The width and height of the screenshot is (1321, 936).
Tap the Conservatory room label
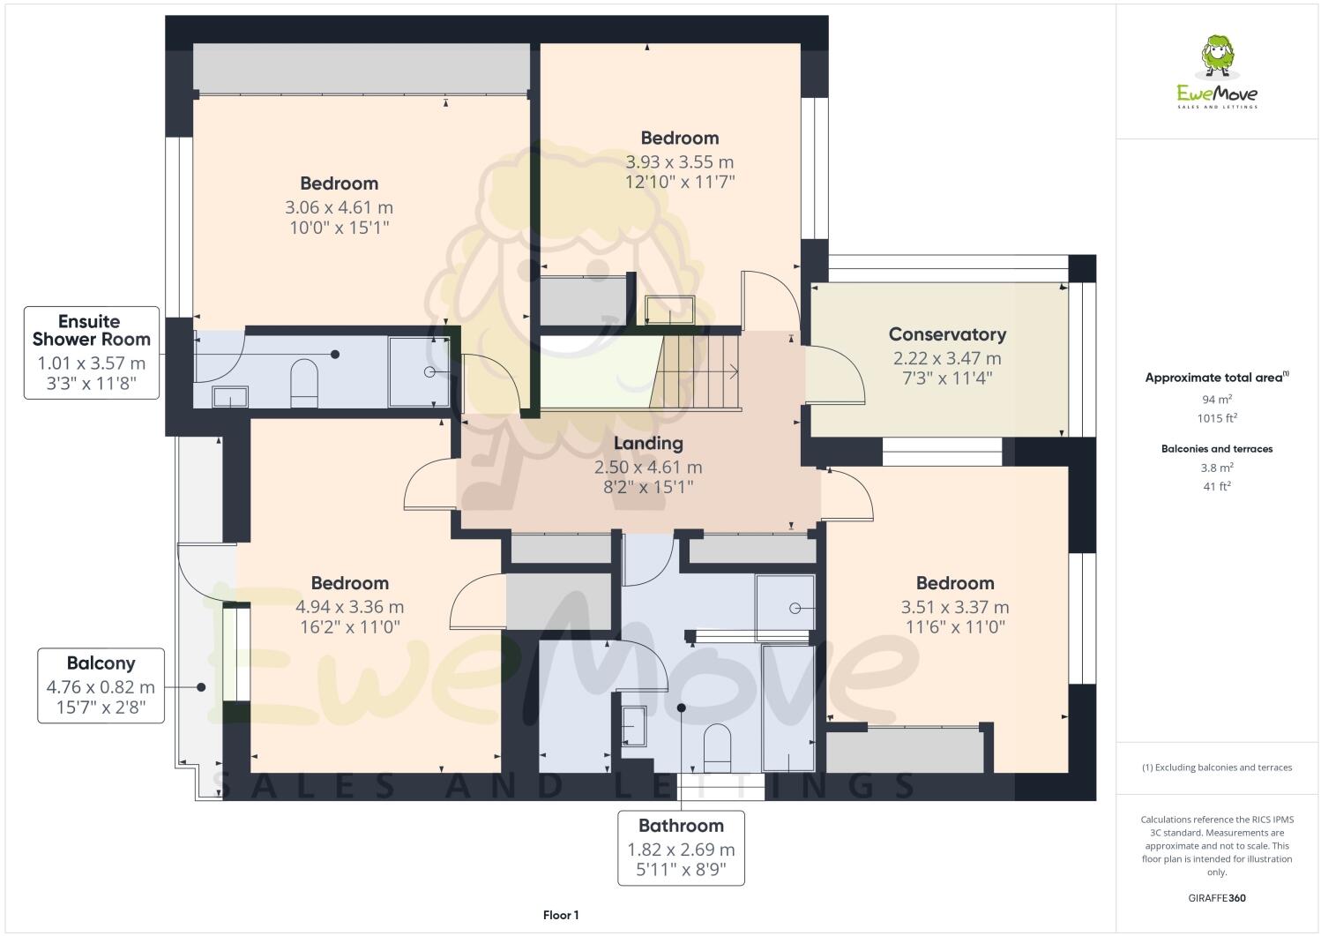[x=947, y=334]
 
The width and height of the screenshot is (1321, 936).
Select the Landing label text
[x=648, y=444]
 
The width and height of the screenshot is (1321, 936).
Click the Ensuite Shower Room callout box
[x=92, y=353]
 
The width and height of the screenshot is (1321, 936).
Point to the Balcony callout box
[x=101, y=685]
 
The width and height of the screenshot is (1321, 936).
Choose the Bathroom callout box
[x=681, y=848]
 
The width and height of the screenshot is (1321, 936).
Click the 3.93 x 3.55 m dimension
[x=679, y=162]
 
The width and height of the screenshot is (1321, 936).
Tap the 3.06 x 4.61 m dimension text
[x=339, y=208]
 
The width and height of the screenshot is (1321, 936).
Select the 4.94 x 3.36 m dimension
[x=349, y=607]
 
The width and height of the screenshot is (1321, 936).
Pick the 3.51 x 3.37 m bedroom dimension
[x=954, y=607]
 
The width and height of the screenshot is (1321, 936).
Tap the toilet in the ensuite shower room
[x=304, y=382]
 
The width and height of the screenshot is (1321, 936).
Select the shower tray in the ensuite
[x=419, y=371]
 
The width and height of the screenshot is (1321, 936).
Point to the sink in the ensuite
[x=230, y=397]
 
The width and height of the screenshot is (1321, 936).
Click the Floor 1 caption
[x=561, y=916]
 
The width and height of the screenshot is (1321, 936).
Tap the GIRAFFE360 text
[x=1216, y=898]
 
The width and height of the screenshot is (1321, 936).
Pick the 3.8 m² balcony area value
[x=1216, y=468]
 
